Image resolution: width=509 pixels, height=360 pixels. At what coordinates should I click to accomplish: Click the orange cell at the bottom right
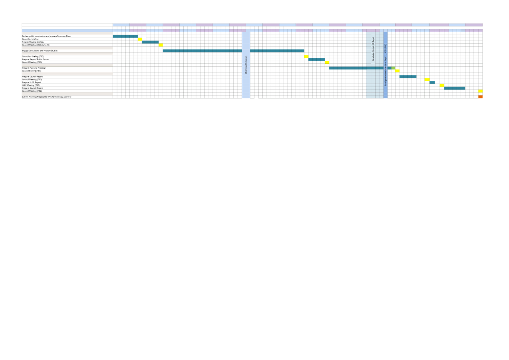click(480, 97)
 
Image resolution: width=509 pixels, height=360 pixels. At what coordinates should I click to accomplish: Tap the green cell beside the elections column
click(393, 68)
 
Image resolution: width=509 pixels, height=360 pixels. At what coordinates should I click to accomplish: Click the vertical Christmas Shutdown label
click(246, 65)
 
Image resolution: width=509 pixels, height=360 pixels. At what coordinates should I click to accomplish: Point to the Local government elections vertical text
click(386, 65)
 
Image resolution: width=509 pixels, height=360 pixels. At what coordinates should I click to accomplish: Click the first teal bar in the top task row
click(125, 37)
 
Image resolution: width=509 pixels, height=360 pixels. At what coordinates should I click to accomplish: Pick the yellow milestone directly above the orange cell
click(480, 91)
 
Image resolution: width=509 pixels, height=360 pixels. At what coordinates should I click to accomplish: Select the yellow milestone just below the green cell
click(398, 71)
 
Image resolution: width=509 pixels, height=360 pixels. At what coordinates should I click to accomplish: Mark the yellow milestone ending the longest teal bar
click(306, 57)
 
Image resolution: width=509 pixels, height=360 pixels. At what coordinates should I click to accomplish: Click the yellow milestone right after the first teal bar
click(140, 39)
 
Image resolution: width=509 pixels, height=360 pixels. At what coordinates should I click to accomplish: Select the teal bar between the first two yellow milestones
click(150, 42)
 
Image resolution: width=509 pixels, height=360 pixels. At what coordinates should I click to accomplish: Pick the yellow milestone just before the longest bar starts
click(161, 45)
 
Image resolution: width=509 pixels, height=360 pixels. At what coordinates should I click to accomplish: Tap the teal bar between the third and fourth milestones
click(316, 60)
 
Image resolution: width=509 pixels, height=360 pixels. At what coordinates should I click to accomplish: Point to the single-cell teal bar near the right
click(432, 82)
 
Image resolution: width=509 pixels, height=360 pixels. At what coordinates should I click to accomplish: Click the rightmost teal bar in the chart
click(454, 88)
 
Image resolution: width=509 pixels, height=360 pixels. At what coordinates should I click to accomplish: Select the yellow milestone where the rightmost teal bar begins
click(442, 85)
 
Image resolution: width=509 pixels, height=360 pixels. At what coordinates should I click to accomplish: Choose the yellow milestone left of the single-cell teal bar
click(427, 80)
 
